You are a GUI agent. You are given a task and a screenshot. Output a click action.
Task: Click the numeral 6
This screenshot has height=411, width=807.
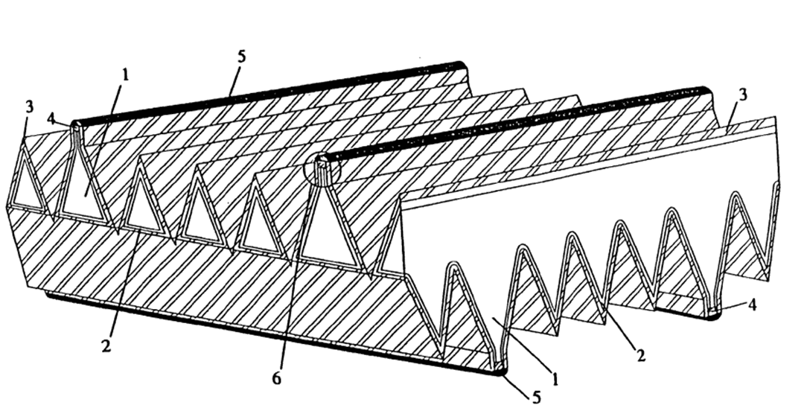coord(277,378)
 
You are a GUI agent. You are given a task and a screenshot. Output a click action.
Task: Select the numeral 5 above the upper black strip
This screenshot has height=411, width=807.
coord(241,56)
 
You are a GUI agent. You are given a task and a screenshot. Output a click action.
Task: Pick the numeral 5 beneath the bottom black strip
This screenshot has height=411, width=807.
coord(536,397)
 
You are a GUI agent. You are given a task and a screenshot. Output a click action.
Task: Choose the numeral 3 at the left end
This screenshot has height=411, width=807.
coord(29,107)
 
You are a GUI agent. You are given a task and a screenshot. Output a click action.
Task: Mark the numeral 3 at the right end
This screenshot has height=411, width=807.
coord(742,95)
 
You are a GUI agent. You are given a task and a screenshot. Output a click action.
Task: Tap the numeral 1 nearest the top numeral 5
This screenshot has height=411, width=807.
coord(125,75)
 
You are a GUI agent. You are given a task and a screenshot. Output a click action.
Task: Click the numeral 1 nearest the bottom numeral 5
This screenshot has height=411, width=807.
coord(555,379)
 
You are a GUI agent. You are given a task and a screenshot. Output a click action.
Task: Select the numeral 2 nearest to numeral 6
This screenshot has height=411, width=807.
coord(106,346)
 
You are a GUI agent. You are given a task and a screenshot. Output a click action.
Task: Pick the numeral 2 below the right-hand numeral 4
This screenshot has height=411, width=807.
coord(641,355)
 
